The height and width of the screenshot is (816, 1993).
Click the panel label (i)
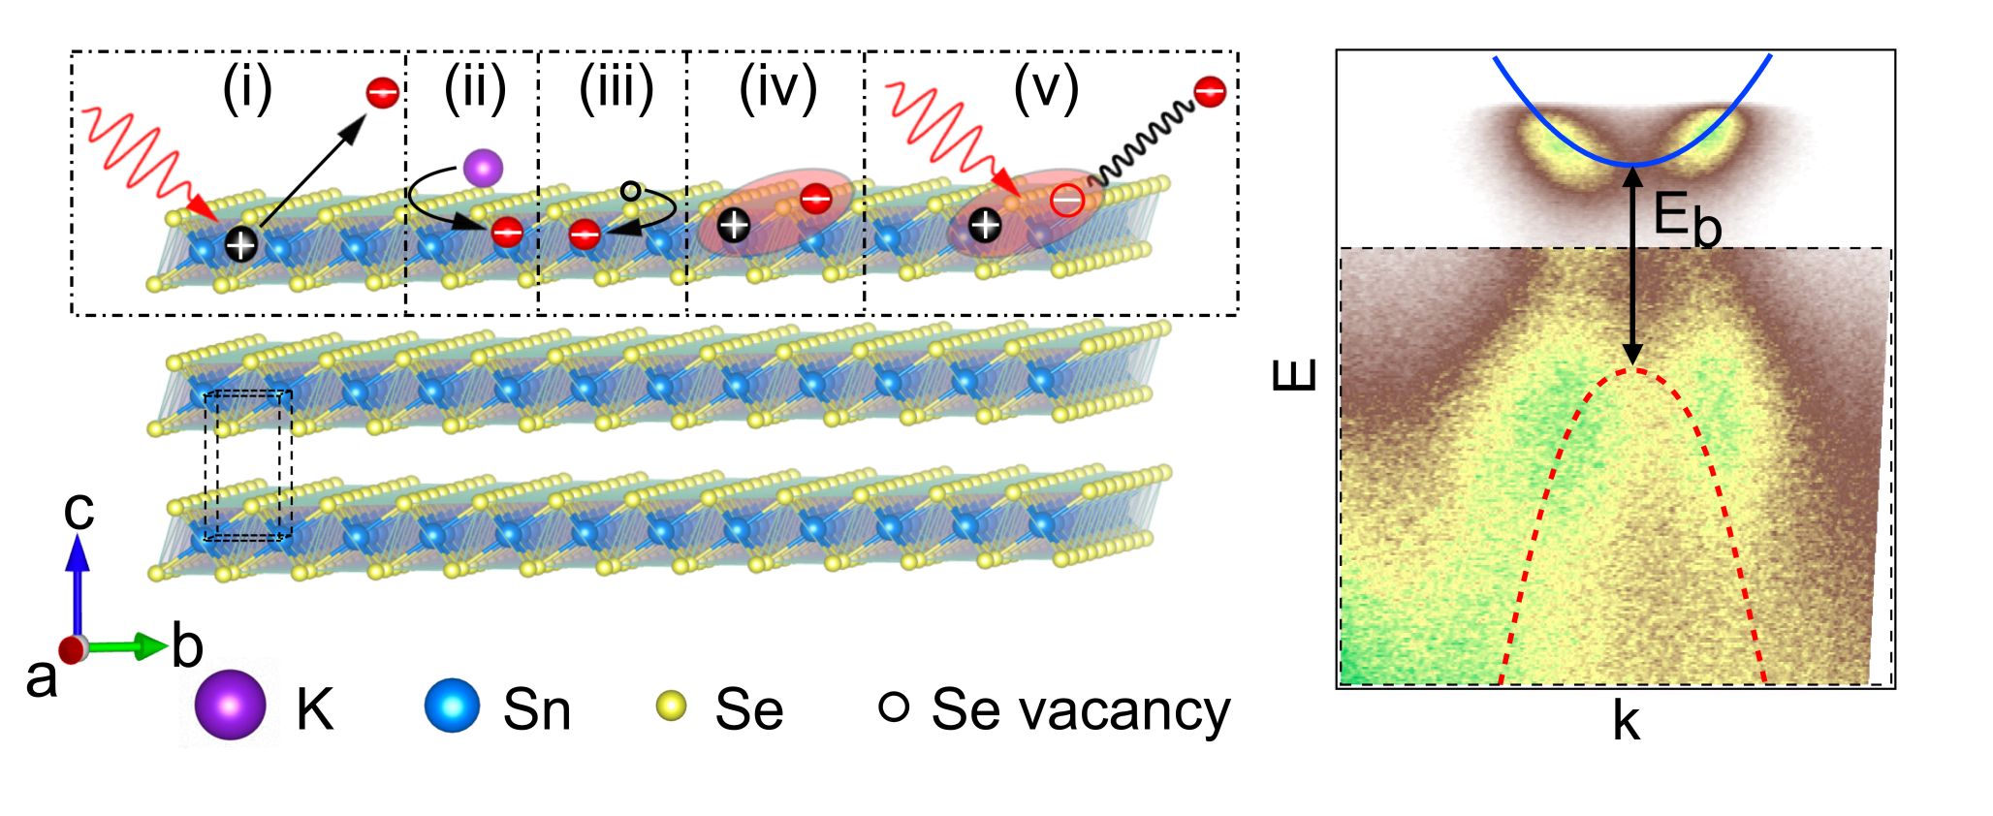coord(247,89)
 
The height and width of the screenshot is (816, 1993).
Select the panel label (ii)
coord(475,89)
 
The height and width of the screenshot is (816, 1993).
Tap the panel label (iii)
coord(617,89)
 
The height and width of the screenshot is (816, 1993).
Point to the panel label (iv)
coord(777,89)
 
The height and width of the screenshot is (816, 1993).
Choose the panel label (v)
coord(1046,89)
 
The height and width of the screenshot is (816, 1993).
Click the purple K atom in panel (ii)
coord(483,168)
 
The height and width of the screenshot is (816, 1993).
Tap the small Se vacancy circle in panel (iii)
coord(630,191)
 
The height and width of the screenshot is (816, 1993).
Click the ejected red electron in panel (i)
coord(382,93)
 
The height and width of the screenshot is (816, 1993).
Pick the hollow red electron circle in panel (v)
coord(1066,202)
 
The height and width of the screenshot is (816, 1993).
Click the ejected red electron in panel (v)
coord(1210,92)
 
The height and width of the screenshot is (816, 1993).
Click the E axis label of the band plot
coord(1295,373)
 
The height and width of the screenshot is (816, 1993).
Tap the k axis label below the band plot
coord(1626,722)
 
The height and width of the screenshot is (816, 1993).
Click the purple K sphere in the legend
coord(230,706)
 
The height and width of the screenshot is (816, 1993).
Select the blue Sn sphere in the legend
coord(452,705)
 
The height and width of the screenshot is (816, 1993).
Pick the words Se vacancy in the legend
coord(1080,709)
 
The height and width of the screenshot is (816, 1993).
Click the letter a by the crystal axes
coord(41,678)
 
